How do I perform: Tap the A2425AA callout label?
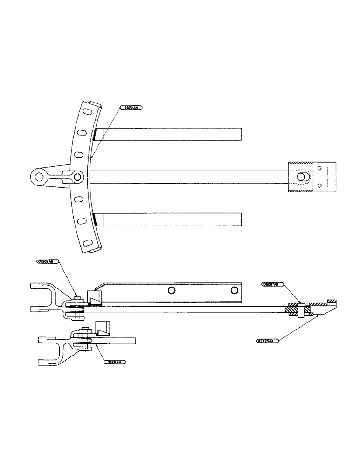(268, 341)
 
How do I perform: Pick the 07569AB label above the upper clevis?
(48, 262)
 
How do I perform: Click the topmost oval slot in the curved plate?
(87, 112)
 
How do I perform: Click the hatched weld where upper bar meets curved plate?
(94, 134)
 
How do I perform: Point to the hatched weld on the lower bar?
(94, 218)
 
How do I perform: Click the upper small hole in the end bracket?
(319, 168)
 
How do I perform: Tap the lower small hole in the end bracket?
(319, 185)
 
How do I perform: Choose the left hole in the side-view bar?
(172, 290)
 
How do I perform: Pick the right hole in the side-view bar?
(233, 290)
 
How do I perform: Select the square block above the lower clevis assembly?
(101, 328)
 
